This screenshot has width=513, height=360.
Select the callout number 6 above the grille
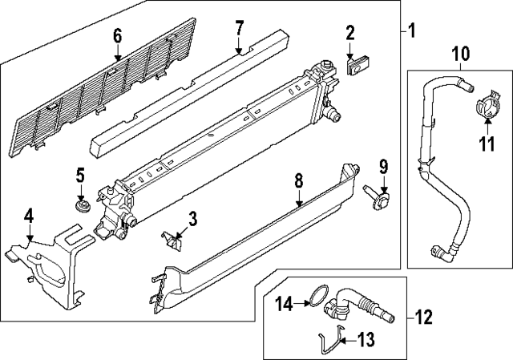pyautogui.click(x=117, y=36)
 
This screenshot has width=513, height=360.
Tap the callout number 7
pyautogui.click(x=239, y=29)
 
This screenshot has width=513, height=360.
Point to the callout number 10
pyautogui.click(x=460, y=55)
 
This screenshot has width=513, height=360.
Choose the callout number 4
pyautogui.click(x=29, y=216)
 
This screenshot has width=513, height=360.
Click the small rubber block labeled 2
pyautogui.click(x=357, y=64)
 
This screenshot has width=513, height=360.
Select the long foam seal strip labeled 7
pyautogui.click(x=184, y=96)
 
